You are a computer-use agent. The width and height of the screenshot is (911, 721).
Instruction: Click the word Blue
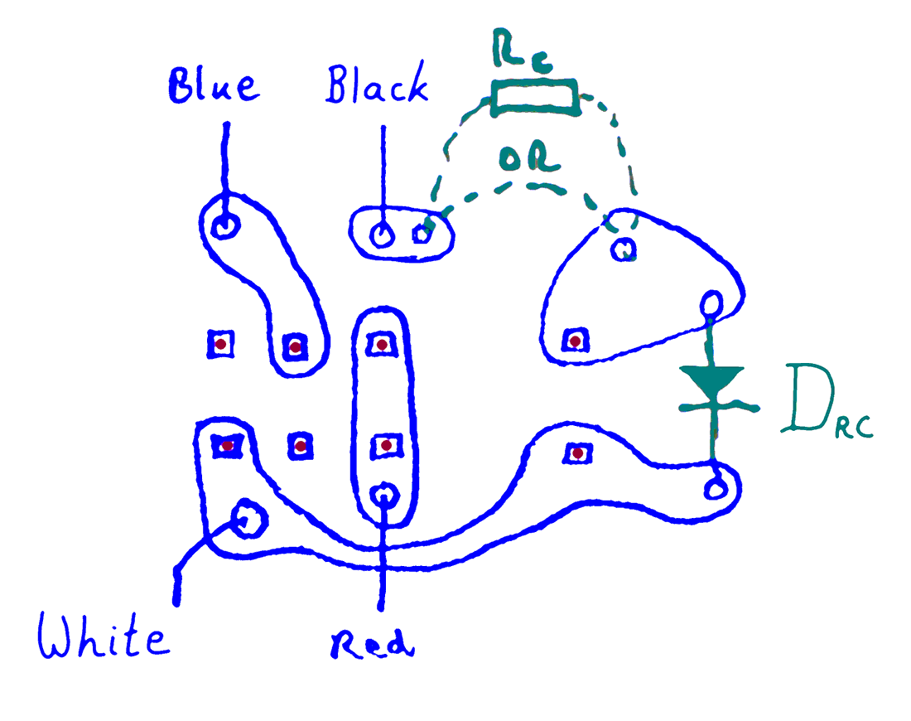pyautogui.click(x=214, y=86)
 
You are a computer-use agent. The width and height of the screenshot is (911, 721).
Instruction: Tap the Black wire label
pyautogui.click(x=378, y=86)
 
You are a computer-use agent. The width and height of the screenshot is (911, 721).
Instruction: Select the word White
pyautogui.click(x=103, y=637)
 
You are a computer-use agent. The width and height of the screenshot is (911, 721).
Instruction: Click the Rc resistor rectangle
pyautogui.click(x=534, y=98)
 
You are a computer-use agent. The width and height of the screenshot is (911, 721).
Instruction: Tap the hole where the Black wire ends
pyautogui.click(x=382, y=235)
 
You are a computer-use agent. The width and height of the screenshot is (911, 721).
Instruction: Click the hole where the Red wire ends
pyautogui.click(x=383, y=496)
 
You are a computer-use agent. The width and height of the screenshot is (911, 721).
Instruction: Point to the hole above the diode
pyautogui.click(x=711, y=304)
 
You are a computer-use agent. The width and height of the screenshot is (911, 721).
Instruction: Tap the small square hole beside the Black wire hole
pyautogui.click(x=422, y=235)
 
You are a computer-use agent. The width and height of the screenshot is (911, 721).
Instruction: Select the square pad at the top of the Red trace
pyautogui.click(x=382, y=343)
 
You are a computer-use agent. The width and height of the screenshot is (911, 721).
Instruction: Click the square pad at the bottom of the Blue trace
pyautogui.click(x=294, y=346)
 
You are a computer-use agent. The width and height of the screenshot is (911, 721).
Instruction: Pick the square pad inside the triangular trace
pyautogui.click(x=574, y=340)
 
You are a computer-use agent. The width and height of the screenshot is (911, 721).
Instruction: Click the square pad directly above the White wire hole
pyautogui.click(x=226, y=445)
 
